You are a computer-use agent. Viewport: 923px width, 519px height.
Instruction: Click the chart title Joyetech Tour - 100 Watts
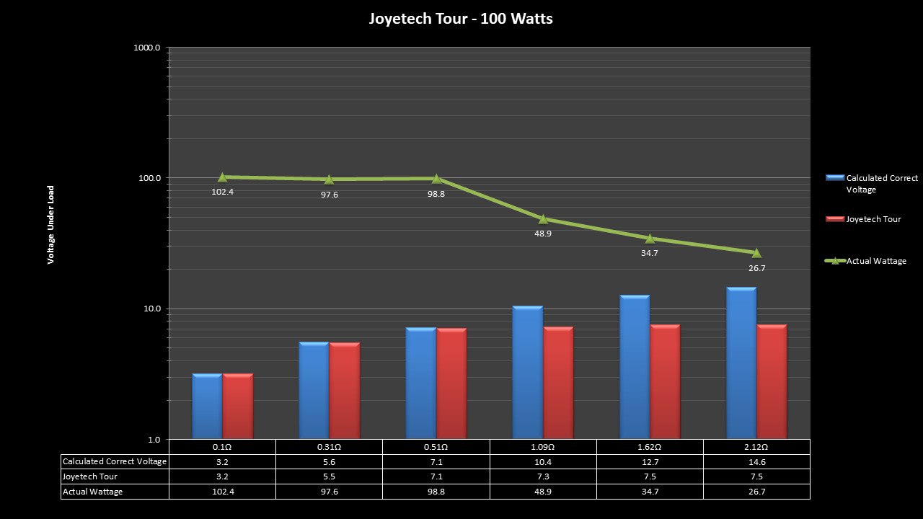(x=461, y=19)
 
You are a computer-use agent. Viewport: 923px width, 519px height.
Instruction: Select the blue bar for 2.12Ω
(x=741, y=363)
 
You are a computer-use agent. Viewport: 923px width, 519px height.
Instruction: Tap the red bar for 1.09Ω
(x=558, y=383)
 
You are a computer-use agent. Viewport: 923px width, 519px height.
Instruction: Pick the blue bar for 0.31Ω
(x=314, y=390)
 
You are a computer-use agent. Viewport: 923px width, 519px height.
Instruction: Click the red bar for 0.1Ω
(x=237, y=406)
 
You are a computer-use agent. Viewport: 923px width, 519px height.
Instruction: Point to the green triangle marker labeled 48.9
(x=543, y=219)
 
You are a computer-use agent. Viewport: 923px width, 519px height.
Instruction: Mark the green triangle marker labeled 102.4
(x=222, y=177)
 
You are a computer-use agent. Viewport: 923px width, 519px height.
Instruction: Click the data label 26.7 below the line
(x=756, y=268)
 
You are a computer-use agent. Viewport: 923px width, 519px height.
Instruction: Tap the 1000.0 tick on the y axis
(x=148, y=48)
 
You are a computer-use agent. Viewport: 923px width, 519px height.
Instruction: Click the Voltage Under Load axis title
(x=51, y=225)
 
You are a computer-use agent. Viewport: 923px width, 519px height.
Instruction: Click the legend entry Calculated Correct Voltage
(x=881, y=183)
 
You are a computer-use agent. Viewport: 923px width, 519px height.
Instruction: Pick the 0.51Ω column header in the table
(x=436, y=447)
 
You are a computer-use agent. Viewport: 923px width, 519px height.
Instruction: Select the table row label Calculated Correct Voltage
(x=115, y=461)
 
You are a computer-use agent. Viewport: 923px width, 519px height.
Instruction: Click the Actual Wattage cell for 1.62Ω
(x=650, y=492)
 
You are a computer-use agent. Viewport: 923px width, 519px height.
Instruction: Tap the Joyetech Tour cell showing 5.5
(x=330, y=476)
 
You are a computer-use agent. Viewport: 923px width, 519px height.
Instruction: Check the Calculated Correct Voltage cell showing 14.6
(x=756, y=461)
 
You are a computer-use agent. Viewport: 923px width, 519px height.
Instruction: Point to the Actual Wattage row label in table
(x=92, y=492)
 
